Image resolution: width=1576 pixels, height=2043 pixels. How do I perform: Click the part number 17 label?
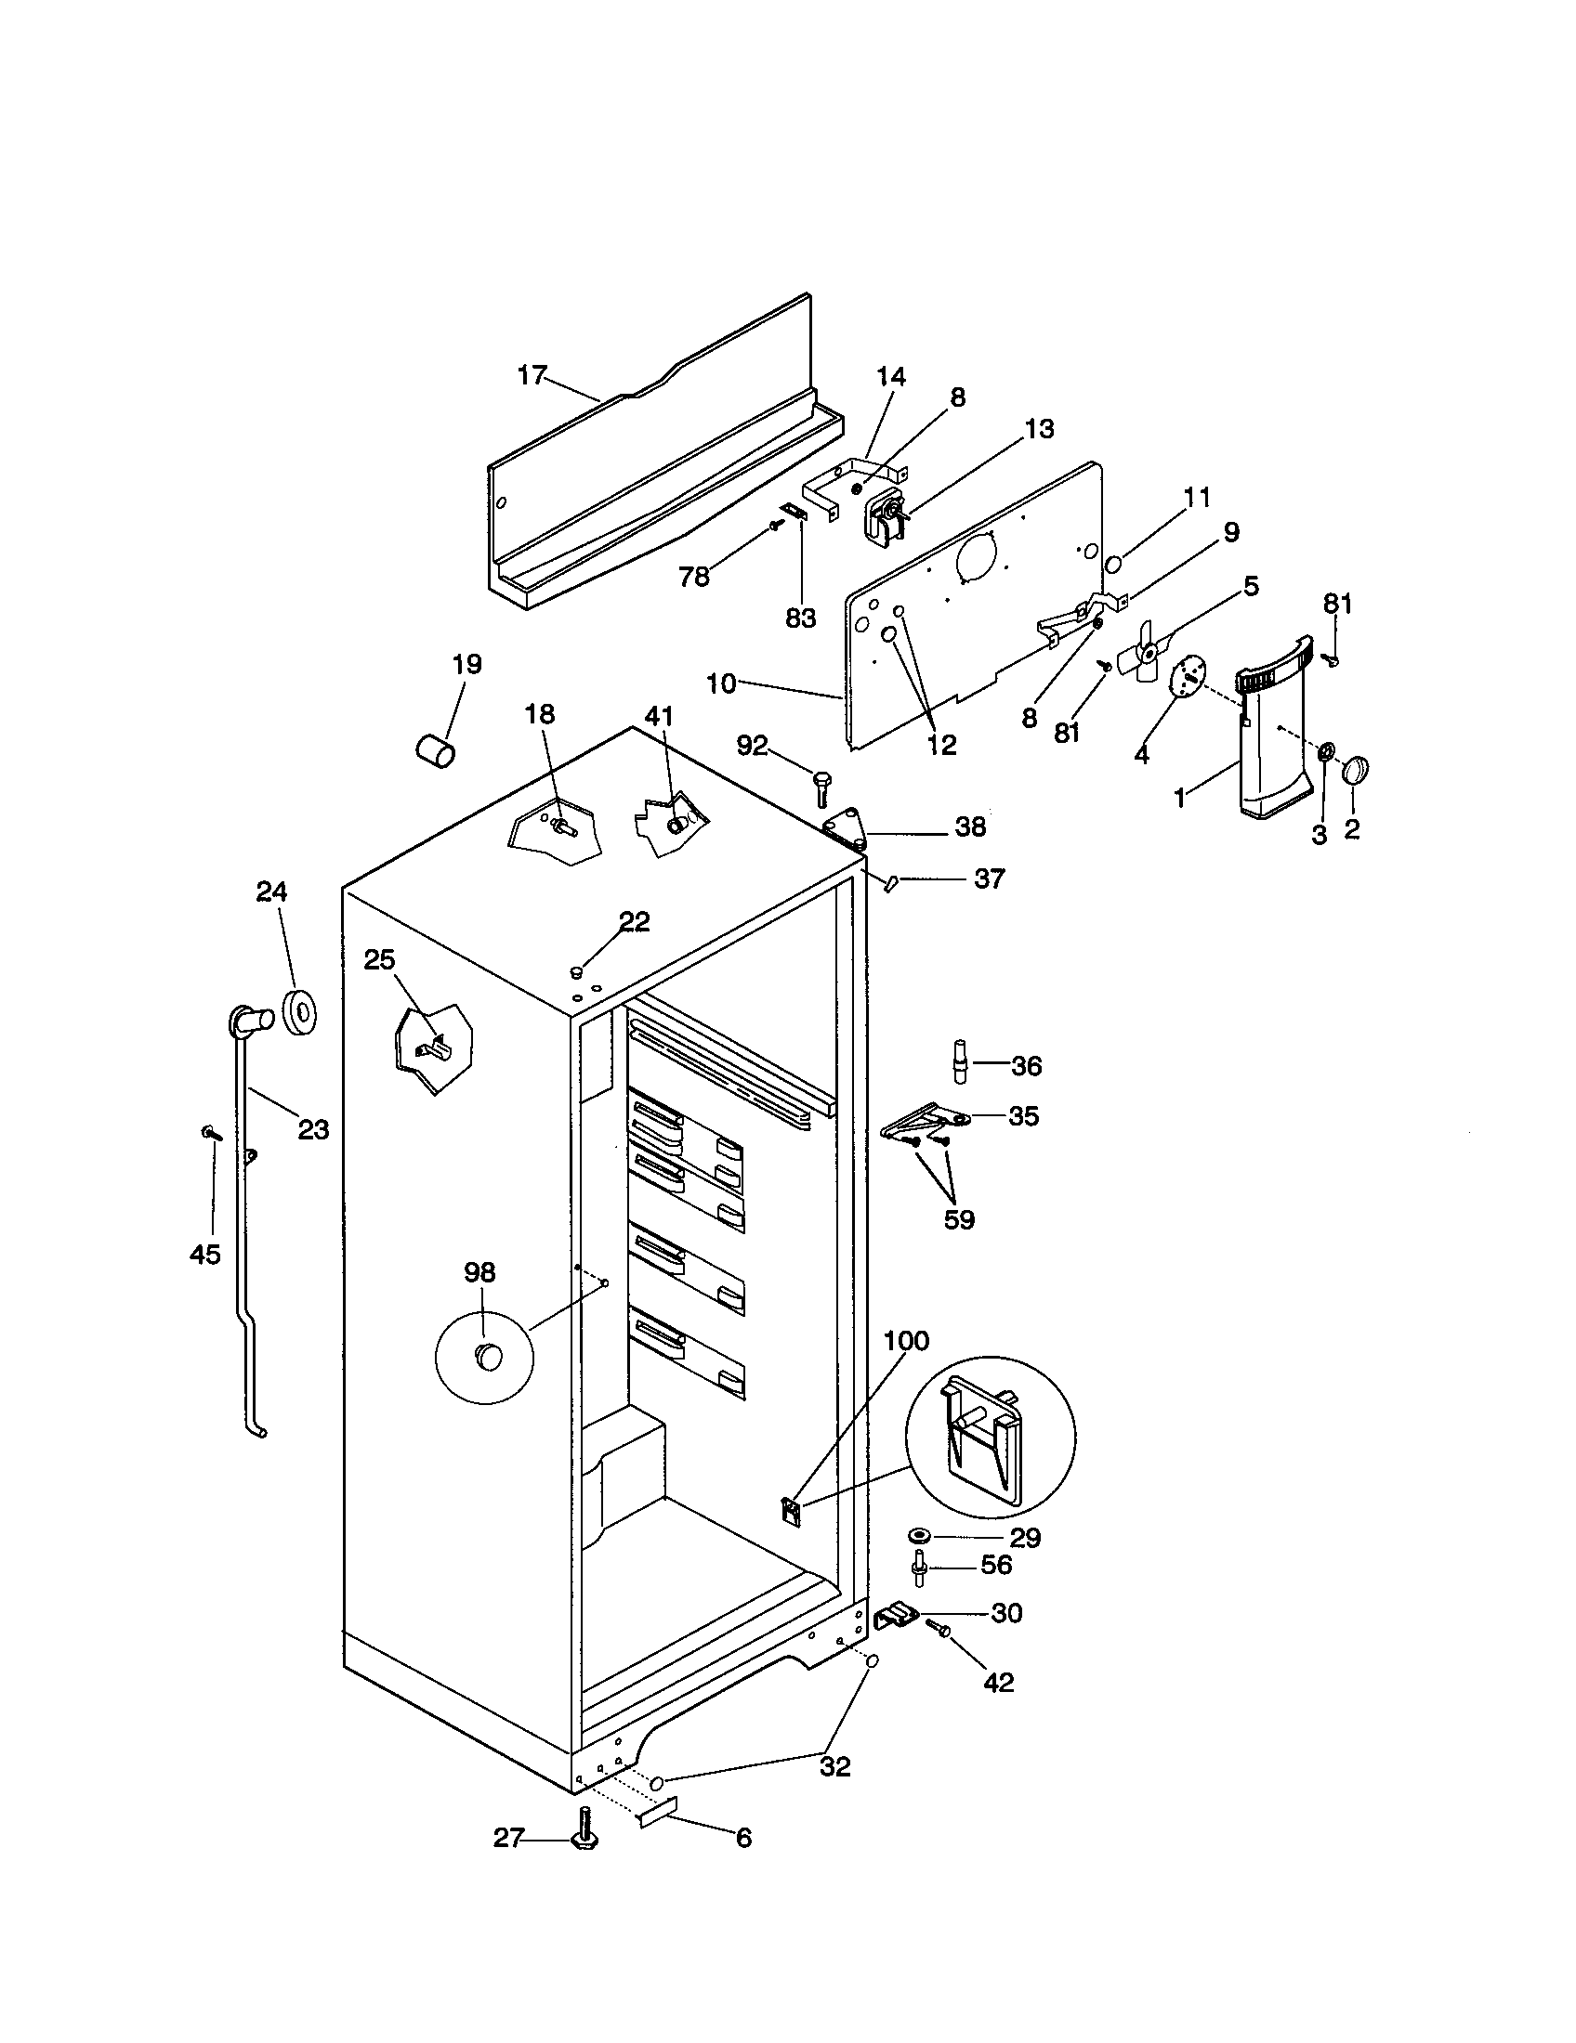[531, 375]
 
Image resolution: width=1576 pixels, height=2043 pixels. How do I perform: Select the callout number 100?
[906, 1340]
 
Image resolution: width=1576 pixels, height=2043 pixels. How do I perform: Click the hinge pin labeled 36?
[961, 1061]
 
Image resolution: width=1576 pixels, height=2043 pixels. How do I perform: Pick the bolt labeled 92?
[822, 786]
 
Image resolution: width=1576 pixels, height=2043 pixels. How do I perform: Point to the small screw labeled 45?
[211, 1133]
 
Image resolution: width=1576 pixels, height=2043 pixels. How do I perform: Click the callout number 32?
[834, 1766]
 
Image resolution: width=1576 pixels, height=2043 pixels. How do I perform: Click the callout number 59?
[959, 1219]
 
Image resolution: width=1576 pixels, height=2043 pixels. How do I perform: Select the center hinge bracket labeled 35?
[922, 1122]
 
